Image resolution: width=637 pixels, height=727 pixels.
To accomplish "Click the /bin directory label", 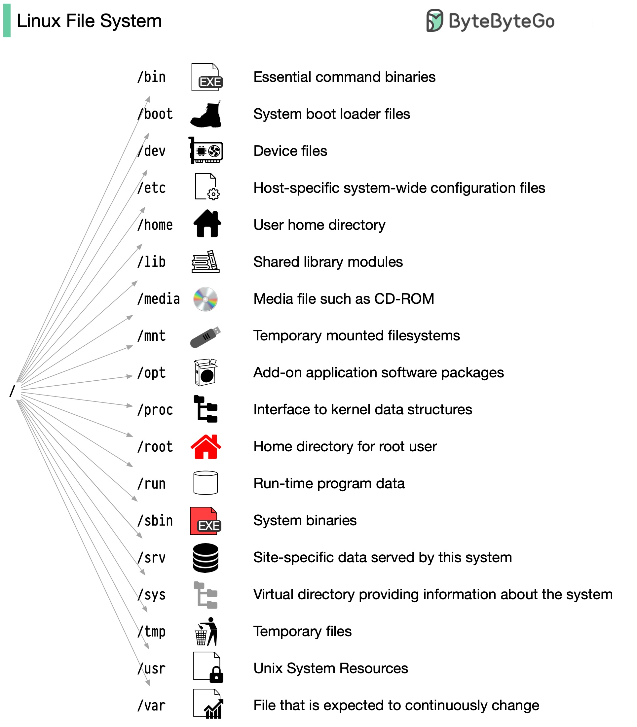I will pyautogui.click(x=152, y=77).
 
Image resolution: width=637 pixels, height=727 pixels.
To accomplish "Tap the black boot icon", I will pyautogui.click(x=206, y=114).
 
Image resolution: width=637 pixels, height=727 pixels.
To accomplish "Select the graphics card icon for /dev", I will pyautogui.click(x=206, y=151).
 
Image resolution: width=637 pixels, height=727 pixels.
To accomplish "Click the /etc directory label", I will pyautogui.click(x=152, y=188).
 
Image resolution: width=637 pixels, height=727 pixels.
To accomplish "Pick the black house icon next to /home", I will pyautogui.click(x=207, y=224).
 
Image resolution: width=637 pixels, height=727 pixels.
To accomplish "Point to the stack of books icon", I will pyautogui.click(x=206, y=262).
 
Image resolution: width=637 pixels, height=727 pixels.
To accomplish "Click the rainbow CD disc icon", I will pyautogui.click(x=206, y=299).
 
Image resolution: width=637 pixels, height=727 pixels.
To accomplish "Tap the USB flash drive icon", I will pyautogui.click(x=206, y=337).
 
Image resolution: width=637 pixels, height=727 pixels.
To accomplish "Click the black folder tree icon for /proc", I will pyautogui.click(x=206, y=409).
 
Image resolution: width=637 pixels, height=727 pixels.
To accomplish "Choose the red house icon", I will pyautogui.click(x=206, y=446).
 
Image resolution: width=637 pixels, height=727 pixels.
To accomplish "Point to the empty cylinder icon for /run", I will pyautogui.click(x=206, y=483).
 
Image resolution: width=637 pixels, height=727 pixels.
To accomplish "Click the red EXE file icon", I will pyautogui.click(x=206, y=521).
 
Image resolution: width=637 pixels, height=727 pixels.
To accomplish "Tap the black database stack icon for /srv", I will pyautogui.click(x=206, y=558).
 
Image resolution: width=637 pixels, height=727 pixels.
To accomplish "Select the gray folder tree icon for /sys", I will pyautogui.click(x=206, y=595).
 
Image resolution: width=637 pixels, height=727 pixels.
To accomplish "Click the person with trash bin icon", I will pyautogui.click(x=206, y=632).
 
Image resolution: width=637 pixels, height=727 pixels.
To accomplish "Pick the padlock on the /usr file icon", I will pyautogui.click(x=216, y=675).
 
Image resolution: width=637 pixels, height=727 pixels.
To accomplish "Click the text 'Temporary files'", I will pyautogui.click(x=303, y=632).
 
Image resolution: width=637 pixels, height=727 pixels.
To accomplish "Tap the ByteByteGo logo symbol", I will pyautogui.click(x=434, y=20).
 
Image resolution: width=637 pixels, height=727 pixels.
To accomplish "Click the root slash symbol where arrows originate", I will pyautogui.click(x=13, y=391).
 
